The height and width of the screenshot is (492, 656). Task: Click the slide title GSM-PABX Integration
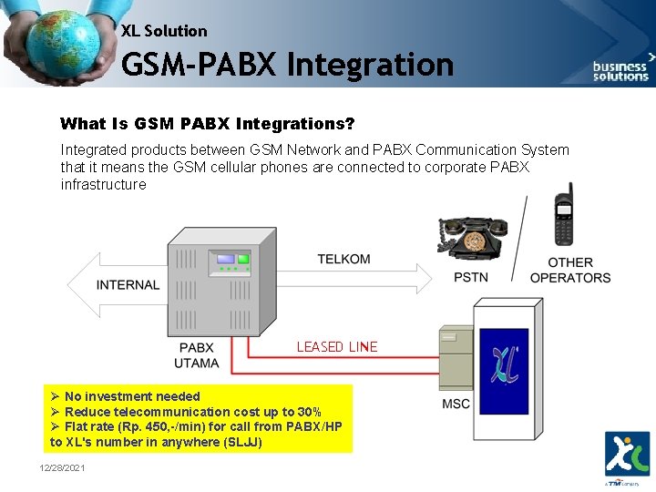(287, 65)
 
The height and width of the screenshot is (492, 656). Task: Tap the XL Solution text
(164, 31)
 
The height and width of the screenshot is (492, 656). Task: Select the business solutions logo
(620, 69)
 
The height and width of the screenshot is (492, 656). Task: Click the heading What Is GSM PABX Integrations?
(207, 123)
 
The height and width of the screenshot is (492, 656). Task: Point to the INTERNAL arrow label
(128, 284)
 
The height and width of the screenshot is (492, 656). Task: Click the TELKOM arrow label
(343, 259)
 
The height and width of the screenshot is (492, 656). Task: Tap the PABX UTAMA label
(197, 355)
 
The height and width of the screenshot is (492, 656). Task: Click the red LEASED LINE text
(336, 347)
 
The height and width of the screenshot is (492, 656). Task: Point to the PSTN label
(471, 277)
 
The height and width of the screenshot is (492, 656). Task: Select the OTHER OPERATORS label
(570, 270)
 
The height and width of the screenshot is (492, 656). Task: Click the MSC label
(456, 404)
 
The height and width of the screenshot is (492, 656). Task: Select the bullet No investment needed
(131, 396)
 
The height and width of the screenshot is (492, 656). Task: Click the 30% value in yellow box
(307, 412)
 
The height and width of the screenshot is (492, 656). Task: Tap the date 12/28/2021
(62, 467)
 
